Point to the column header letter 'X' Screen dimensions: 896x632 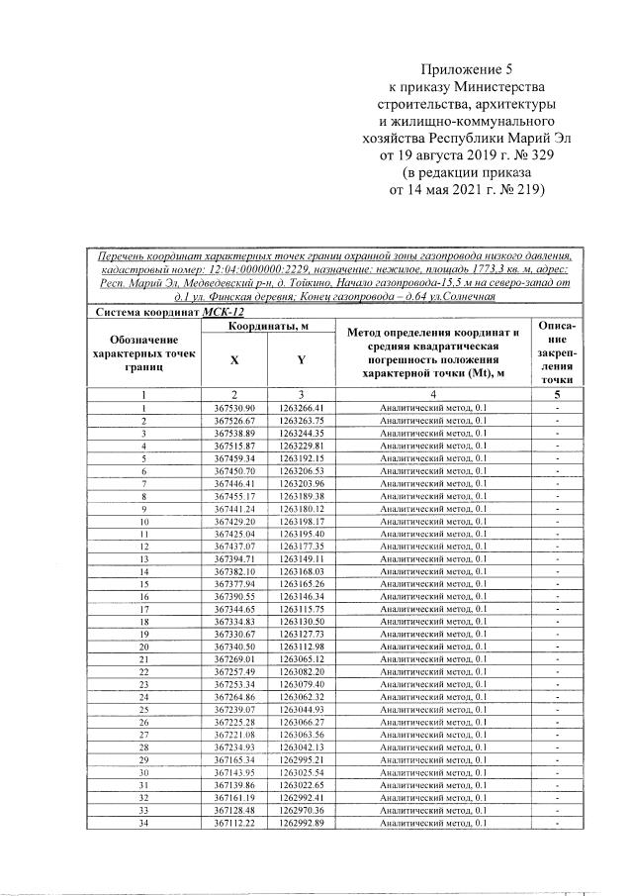234,360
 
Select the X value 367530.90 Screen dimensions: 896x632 234,408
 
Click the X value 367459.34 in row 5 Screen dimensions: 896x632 234,458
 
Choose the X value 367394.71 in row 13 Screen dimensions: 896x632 234,558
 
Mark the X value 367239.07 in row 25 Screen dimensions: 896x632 234,709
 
